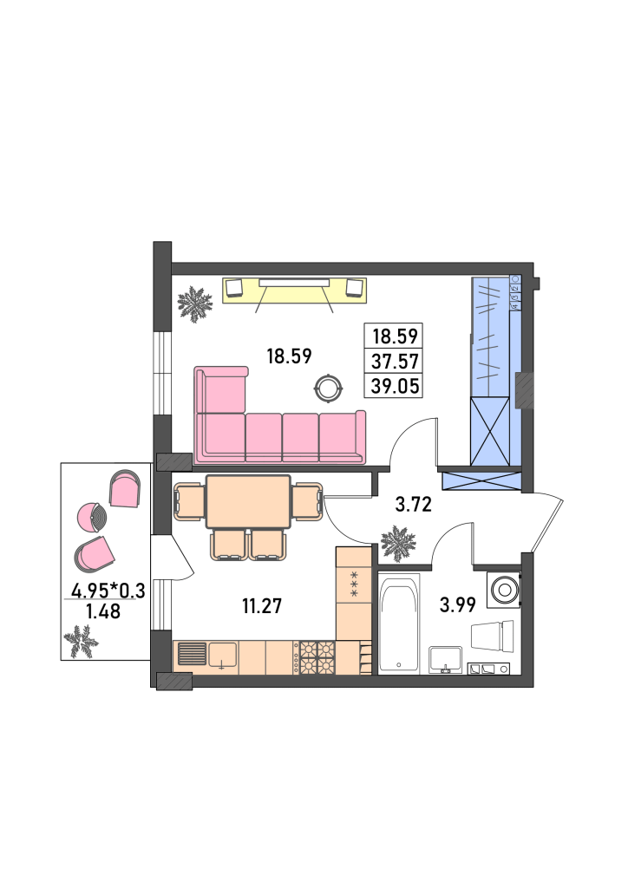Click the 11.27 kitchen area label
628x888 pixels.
click(x=262, y=606)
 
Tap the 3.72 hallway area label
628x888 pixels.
click(x=414, y=504)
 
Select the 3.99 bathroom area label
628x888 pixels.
click(x=457, y=604)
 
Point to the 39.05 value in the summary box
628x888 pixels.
click(x=395, y=386)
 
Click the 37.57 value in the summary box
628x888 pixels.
click(x=395, y=361)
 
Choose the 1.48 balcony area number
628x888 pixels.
click(x=103, y=611)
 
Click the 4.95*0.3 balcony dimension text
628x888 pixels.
click(x=108, y=591)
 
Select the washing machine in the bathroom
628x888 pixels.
click(x=503, y=590)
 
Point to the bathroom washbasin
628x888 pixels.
click(x=446, y=660)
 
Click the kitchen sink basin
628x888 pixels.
click(x=223, y=656)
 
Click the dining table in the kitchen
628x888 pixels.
click(x=249, y=502)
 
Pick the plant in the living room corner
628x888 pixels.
click(x=195, y=304)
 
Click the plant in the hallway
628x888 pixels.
click(x=398, y=543)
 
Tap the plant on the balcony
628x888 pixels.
click(x=81, y=641)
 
